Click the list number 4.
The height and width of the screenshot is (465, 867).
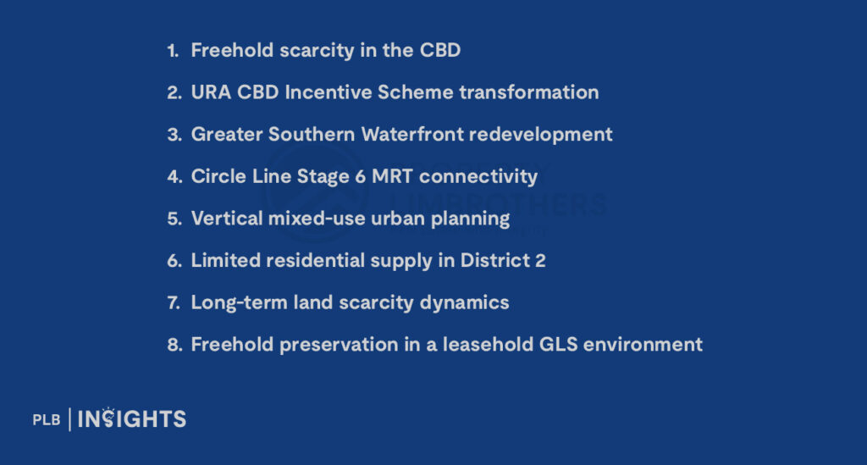point(174,176)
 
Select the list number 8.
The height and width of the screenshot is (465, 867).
point(174,344)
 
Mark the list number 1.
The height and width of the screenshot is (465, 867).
point(173,51)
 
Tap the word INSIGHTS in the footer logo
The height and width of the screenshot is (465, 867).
point(132,418)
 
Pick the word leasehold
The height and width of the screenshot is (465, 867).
point(490,344)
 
